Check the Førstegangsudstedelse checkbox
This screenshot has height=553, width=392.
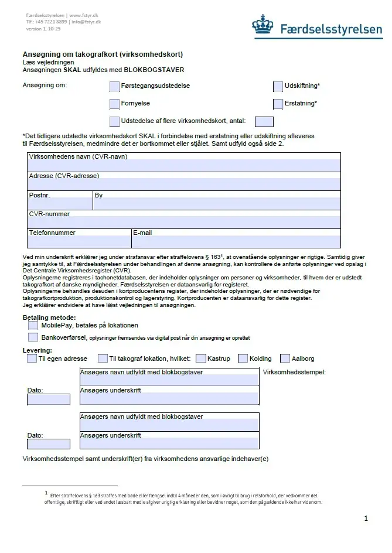(114, 87)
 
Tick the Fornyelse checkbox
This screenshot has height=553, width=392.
(114, 104)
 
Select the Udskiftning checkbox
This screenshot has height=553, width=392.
(278, 87)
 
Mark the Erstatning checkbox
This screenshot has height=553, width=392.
(278, 104)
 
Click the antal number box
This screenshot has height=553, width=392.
(264, 122)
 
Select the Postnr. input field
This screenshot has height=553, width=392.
(60, 204)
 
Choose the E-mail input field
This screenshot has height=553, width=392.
(236, 241)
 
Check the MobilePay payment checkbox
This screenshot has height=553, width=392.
(33, 325)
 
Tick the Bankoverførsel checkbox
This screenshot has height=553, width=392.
(33, 337)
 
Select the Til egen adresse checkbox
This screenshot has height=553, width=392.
(32, 359)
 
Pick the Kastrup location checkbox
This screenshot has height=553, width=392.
(201, 359)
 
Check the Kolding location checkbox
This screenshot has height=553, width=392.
(243, 359)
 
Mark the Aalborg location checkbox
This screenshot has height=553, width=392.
(285, 359)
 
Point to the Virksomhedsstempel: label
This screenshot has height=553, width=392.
(294, 373)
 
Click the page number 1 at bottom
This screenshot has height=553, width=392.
(366, 518)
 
